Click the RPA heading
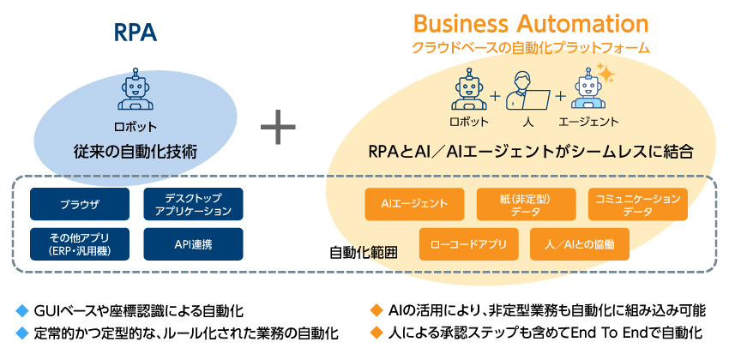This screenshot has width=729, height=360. tap(136, 31)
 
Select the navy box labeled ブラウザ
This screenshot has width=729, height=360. tap(80, 204)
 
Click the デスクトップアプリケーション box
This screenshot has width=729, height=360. tap(193, 204)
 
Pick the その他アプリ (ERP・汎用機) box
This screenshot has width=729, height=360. tap(80, 244)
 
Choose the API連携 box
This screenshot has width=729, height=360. tap(193, 244)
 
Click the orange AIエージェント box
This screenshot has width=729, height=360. tap(414, 204)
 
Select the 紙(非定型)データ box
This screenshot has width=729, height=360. tap(526, 204)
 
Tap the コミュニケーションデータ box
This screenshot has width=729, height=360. tap(637, 204)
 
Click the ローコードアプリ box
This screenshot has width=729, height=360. tap(469, 243)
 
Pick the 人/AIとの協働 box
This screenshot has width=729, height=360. tap(581, 243)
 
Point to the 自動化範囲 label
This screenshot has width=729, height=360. tap(364, 254)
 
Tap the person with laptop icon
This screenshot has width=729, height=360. tap(527, 88)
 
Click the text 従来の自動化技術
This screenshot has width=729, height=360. tap(136, 151)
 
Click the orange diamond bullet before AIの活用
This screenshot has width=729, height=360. tap(374, 309)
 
